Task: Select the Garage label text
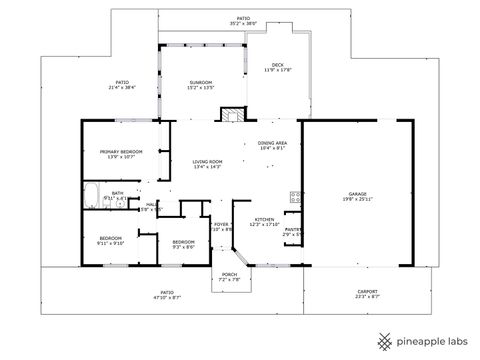pyautogui.click(x=357, y=193)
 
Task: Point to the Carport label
pyautogui.click(x=367, y=293)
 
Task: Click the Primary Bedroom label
pyautogui.click(x=121, y=153)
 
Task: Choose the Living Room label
pyautogui.click(x=207, y=162)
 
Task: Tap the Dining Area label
pyautogui.click(x=273, y=144)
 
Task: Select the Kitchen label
pyautogui.click(x=264, y=219)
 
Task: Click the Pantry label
pyautogui.click(x=293, y=230)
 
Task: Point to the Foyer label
pyautogui.click(x=221, y=225)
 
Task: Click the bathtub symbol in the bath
pyautogui.click(x=92, y=194)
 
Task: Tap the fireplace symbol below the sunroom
pyautogui.click(x=233, y=114)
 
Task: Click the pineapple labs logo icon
pyautogui.click(x=382, y=339)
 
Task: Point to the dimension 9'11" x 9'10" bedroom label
pyautogui.click(x=110, y=243)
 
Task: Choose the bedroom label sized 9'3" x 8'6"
pyautogui.click(x=183, y=246)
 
